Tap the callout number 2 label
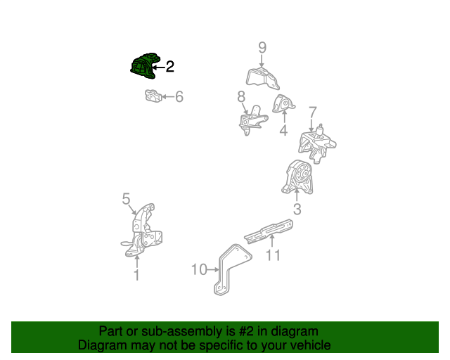[x=170, y=67]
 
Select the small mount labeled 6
[x=153, y=96]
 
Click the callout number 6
[x=179, y=97]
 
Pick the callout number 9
[x=262, y=47]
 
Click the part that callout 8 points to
[x=252, y=120]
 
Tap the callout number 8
[x=241, y=97]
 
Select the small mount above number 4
[x=283, y=104]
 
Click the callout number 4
[x=283, y=130]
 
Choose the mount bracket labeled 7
[x=317, y=144]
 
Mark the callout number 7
[x=312, y=112]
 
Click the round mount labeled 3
[x=297, y=177]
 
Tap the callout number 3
[x=297, y=210]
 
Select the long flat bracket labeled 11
[x=269, y=232]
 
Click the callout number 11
[x=273, y=255]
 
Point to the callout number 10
[x=199, y=269]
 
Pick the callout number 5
[x=126, y=199]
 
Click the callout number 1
[x=136, y=275]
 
